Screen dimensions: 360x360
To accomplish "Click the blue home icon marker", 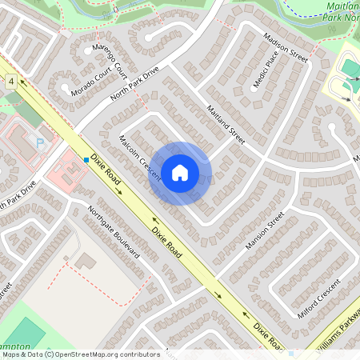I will (180, 173).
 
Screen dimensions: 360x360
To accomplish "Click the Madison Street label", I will (286, 51).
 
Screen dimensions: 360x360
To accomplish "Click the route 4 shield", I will (11, 81).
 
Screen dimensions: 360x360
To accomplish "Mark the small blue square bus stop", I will (86, 160).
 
